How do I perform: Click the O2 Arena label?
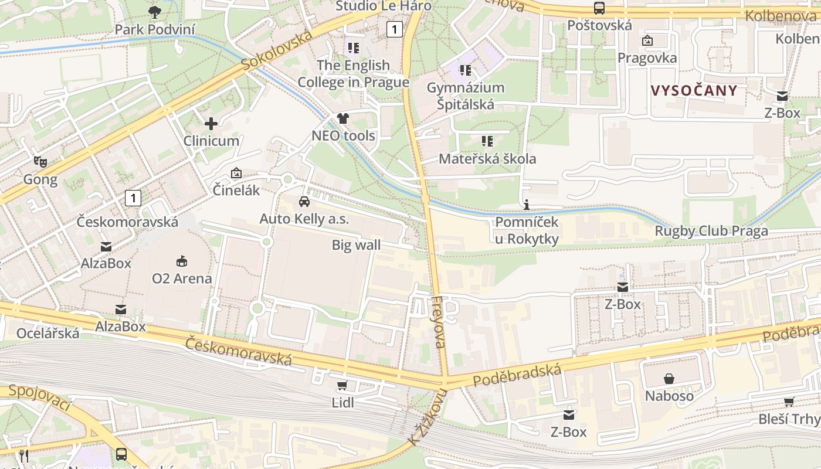182,278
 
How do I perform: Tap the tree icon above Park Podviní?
155,11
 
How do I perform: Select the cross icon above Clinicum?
211,124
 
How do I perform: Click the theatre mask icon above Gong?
40,161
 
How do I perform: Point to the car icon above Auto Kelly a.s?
304,202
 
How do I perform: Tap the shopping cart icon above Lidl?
342,386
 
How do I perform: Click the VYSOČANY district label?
694,90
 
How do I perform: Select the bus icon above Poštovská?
599,8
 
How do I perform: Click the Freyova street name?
439,322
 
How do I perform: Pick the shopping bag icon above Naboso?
669,379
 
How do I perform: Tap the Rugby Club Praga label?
711,231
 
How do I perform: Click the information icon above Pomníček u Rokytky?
527,205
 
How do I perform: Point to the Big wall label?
356,245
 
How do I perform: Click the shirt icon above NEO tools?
343,118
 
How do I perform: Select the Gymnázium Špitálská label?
466,96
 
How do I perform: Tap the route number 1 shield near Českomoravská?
133,198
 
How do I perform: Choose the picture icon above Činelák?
236,173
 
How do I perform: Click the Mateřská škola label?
487,159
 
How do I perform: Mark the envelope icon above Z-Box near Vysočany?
782,96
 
